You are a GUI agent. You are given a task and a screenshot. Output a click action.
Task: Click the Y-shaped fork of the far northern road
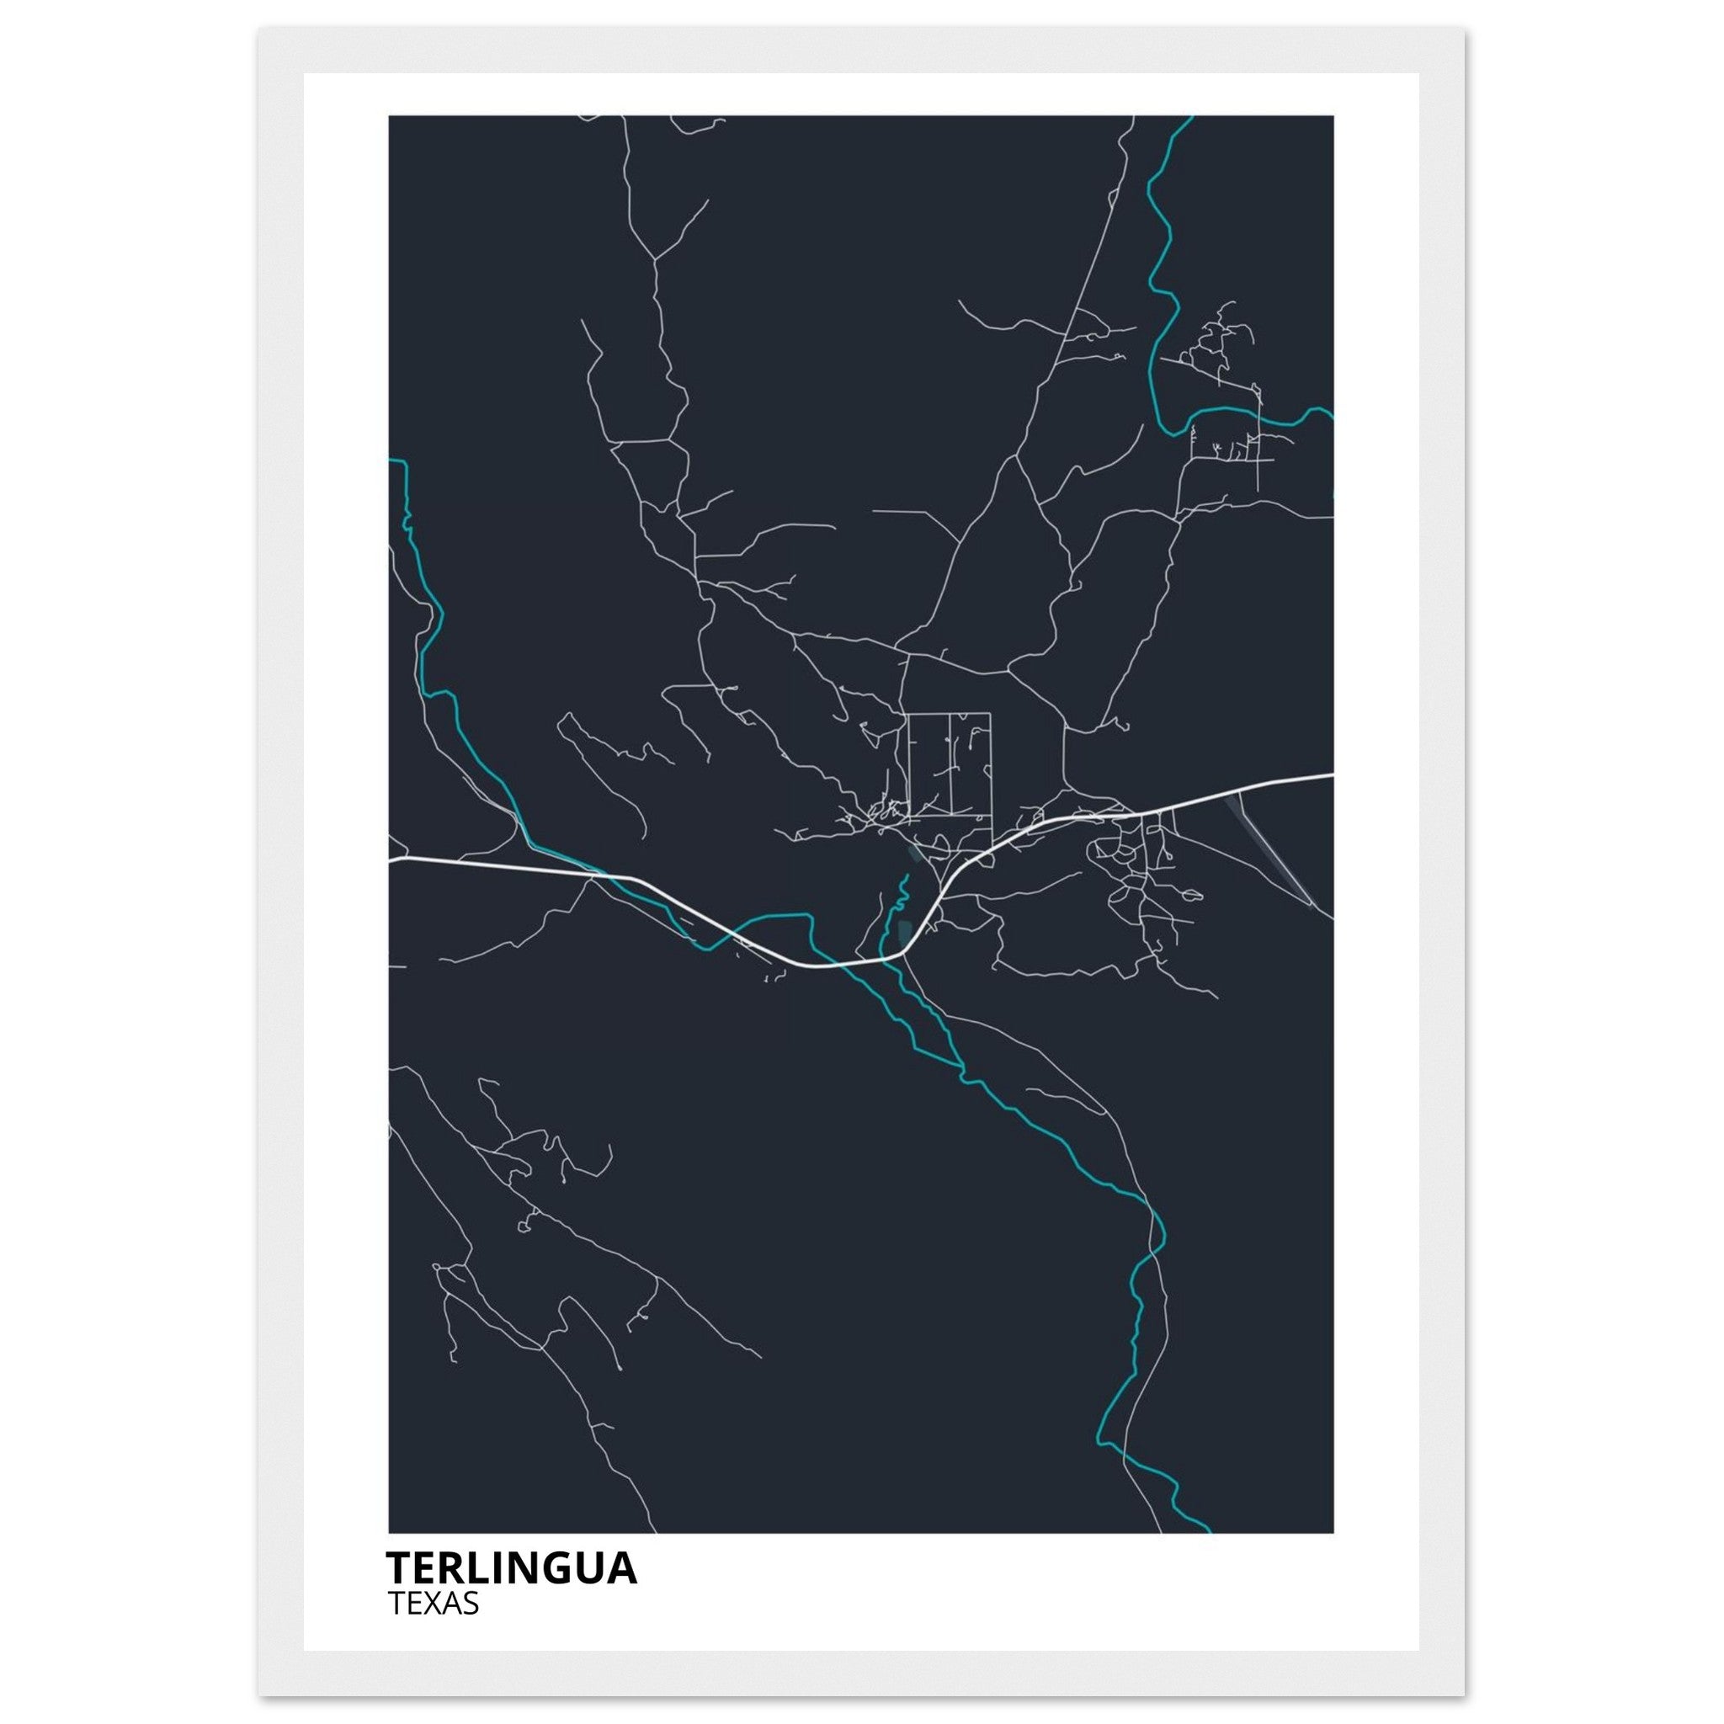point(656,258)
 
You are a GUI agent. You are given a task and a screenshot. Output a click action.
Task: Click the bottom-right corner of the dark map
point(1333,1532)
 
